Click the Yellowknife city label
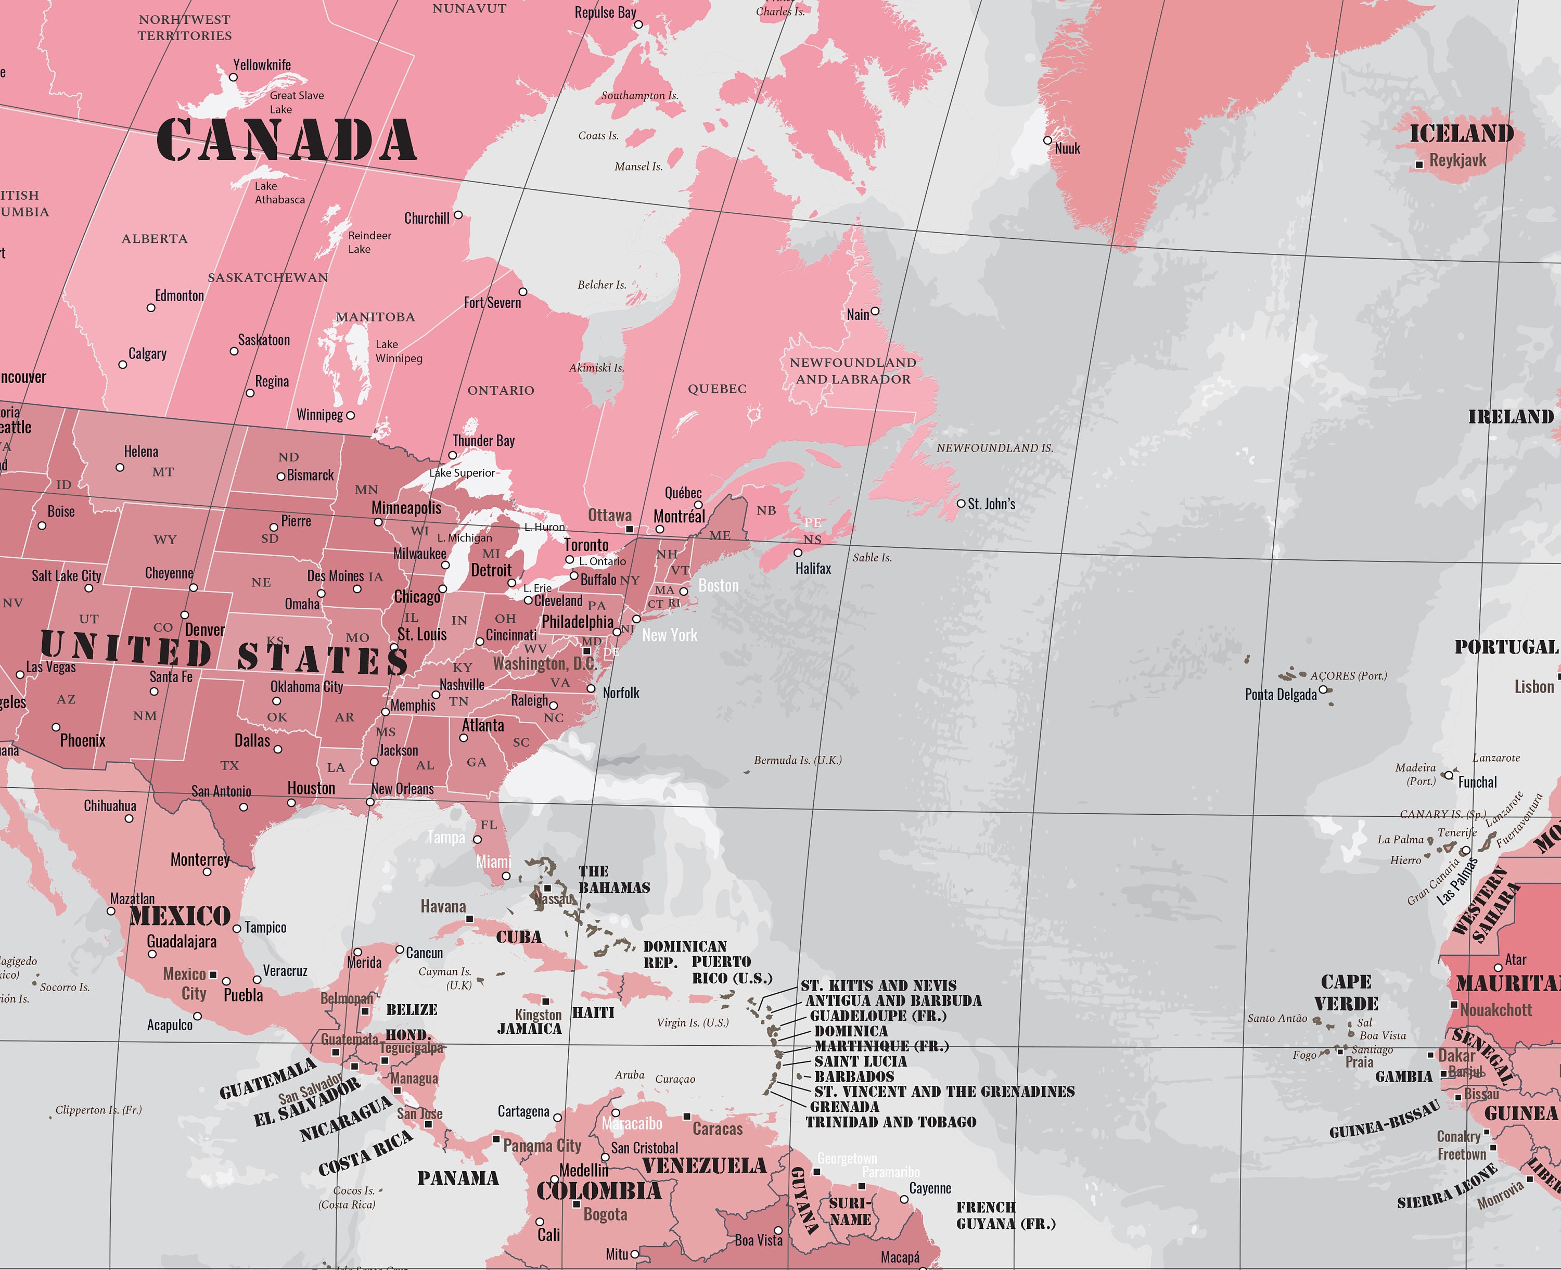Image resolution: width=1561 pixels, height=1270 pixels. (261, 65)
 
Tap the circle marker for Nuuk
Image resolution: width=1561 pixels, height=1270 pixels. (1047, 140)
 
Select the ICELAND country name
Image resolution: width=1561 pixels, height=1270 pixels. (1462, 134)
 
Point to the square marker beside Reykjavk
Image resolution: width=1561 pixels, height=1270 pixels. (1419, 164)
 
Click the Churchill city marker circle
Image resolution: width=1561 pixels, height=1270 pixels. (458, 215)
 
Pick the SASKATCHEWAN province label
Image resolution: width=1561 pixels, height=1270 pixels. (268, 278)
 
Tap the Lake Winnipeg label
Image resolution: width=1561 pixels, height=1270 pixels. (398, 351)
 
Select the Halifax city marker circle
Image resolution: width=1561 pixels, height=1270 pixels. (798, 553)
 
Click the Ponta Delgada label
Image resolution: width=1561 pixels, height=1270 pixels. (1280, 694)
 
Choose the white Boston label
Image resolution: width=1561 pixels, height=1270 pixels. (719, 586)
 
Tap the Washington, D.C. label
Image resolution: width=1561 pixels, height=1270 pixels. (545, 663)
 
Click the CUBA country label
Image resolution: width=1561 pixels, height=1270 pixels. (519, 937)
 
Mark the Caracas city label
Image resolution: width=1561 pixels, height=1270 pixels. (717, 1129)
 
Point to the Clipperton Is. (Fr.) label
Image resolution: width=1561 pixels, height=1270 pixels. (98, 1110)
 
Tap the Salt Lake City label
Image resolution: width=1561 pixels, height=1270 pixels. (67, 576)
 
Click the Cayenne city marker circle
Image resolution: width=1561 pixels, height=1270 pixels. (904, 1199)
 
